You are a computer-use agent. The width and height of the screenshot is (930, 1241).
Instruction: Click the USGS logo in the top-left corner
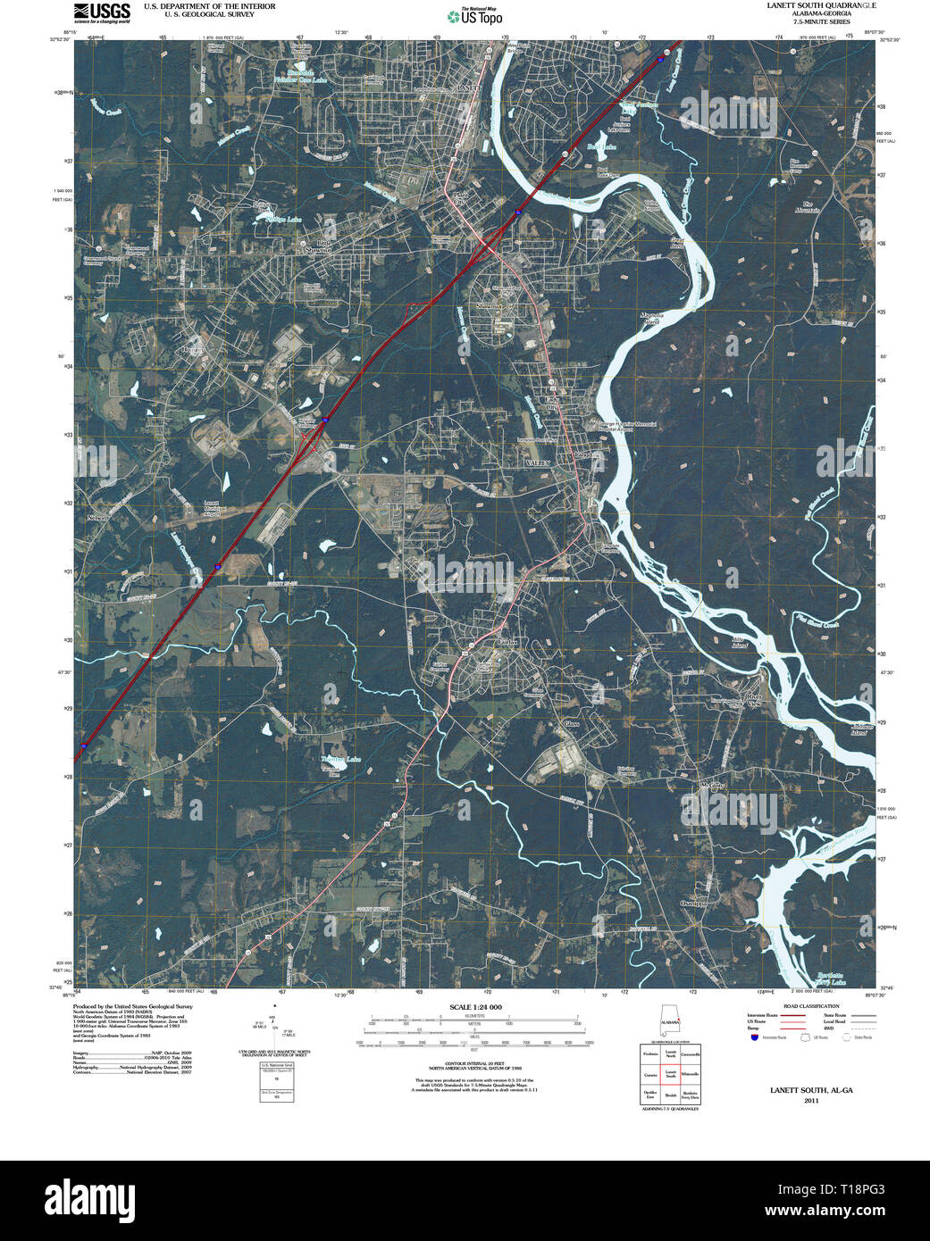click(103, 12)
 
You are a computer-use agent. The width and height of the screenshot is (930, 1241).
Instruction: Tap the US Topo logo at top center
click(475, 15)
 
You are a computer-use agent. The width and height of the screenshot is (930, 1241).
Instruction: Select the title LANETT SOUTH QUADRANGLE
click(821, 5)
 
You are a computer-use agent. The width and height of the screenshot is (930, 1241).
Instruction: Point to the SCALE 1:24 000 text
click(475, 1007)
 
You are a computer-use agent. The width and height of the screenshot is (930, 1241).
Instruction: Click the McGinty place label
click(711, 786)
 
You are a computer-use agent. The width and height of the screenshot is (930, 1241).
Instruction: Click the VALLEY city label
click(538, 464)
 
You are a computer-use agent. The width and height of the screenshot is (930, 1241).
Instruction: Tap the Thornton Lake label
click(340, 759)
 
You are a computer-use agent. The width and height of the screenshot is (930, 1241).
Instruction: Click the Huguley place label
click(194, 350)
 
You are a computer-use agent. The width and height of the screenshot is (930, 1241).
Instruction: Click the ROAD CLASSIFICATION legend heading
click(810, 1006)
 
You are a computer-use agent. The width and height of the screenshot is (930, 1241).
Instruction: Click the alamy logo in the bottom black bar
click(88, 1199)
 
